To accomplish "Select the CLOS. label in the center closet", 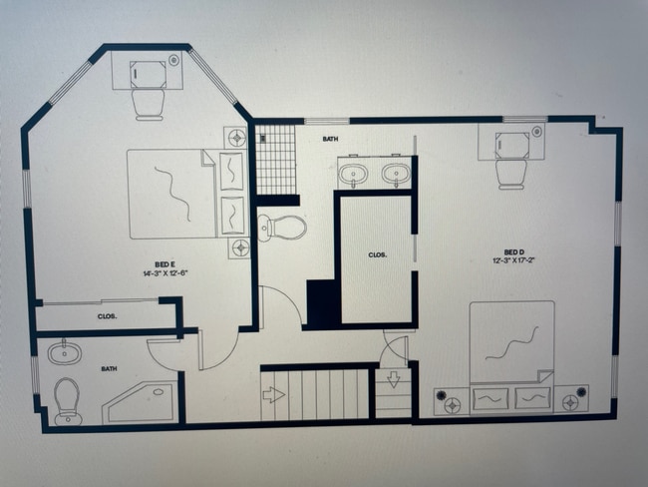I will (377, 255).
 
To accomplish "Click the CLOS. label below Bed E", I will (107, 316).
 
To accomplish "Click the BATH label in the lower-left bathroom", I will (109, 369).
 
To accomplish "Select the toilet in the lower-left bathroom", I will (68, 399).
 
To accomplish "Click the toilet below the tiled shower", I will (282, 228).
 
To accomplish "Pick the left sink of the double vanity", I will (353, 175).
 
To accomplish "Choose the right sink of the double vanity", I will (396, 175).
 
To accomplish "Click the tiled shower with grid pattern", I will (275, 160).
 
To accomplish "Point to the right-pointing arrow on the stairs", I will (273, 394).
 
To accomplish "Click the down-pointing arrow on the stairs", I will (393, 380).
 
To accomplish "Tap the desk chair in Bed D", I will (510, 172).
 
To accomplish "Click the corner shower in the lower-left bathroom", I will (141, 402).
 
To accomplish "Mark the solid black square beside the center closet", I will (321, 301).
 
